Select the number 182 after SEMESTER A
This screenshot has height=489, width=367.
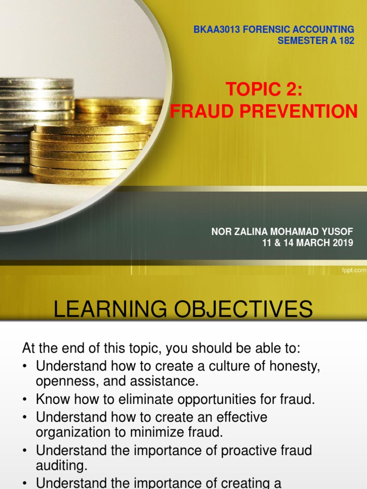[x=345, y=41]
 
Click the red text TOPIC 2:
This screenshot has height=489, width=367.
[x=264, y=89]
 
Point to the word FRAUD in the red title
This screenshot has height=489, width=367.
[x=196, y=111]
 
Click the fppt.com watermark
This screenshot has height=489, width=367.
[x=354, y=270]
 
